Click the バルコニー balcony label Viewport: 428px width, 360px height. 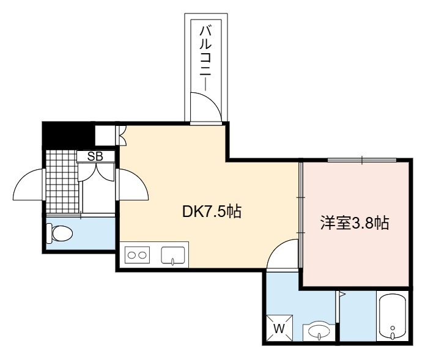coord(206,58)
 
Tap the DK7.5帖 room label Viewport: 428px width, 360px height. coord(212,211)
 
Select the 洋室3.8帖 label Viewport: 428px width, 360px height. coord(355,223)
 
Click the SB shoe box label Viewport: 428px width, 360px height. coord(95,156)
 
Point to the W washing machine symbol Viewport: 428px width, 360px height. coord(279,328)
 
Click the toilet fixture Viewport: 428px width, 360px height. coord(59,233)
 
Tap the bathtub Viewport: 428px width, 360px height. coord(393,316)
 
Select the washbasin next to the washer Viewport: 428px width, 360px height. coord(319,332)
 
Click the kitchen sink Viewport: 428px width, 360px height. coord(173,255)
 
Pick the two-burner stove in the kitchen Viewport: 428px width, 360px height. coord(138,255)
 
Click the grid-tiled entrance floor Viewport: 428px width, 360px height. coord(62,182)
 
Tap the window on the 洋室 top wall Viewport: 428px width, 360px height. coord(362,160)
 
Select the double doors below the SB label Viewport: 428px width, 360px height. coord(96,172)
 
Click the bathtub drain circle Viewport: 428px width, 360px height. coord(393,328)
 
